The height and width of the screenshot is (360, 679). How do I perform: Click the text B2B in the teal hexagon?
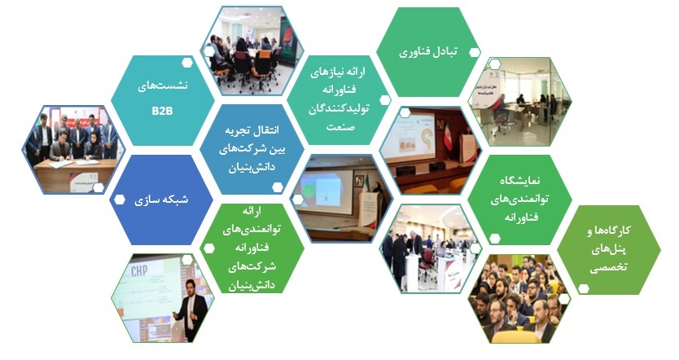click(x=162, y=111)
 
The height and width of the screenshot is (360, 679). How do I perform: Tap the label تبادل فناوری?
click(x=428, y=52)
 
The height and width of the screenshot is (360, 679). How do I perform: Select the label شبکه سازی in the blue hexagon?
click(x=161, y=200)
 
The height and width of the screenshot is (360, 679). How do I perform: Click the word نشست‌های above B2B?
click(x=163, y=86)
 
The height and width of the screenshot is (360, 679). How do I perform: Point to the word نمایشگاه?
click(x=520, y=180)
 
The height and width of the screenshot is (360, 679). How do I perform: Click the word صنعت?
click(x=340, y=127)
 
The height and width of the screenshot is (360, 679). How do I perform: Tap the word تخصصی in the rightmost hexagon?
click(x=608, y=267)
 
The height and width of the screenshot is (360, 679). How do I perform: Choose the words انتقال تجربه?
click(x=252, y=130)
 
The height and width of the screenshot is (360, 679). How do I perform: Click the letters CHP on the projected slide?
click(x=139, y=271)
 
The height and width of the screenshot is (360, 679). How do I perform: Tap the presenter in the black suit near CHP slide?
click(x=191, y=309)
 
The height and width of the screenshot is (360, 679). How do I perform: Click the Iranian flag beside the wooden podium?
click(x=448, y=134)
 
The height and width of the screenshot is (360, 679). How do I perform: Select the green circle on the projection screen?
click(x=309, y=189)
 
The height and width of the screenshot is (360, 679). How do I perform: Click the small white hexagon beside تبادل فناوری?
click(x=475, y=53)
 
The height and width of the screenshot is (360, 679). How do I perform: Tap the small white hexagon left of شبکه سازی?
click(x=119, y=200)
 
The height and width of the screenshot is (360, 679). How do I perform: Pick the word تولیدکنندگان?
click(x=339, y=108)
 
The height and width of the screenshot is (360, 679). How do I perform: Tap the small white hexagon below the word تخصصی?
click(x=584, y=288)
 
